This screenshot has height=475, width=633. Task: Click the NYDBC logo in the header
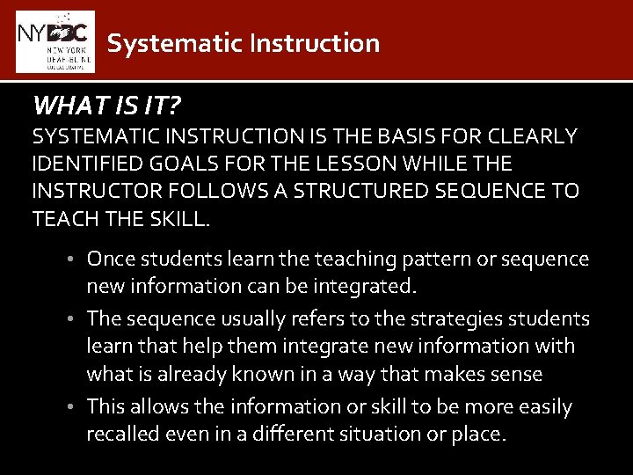[x=55, y=40]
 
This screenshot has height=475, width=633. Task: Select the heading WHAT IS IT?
[x=106, y=106]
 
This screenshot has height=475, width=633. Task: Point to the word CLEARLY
[x=535, y=136]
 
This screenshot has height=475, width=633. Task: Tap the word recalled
[x=122, y=434]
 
